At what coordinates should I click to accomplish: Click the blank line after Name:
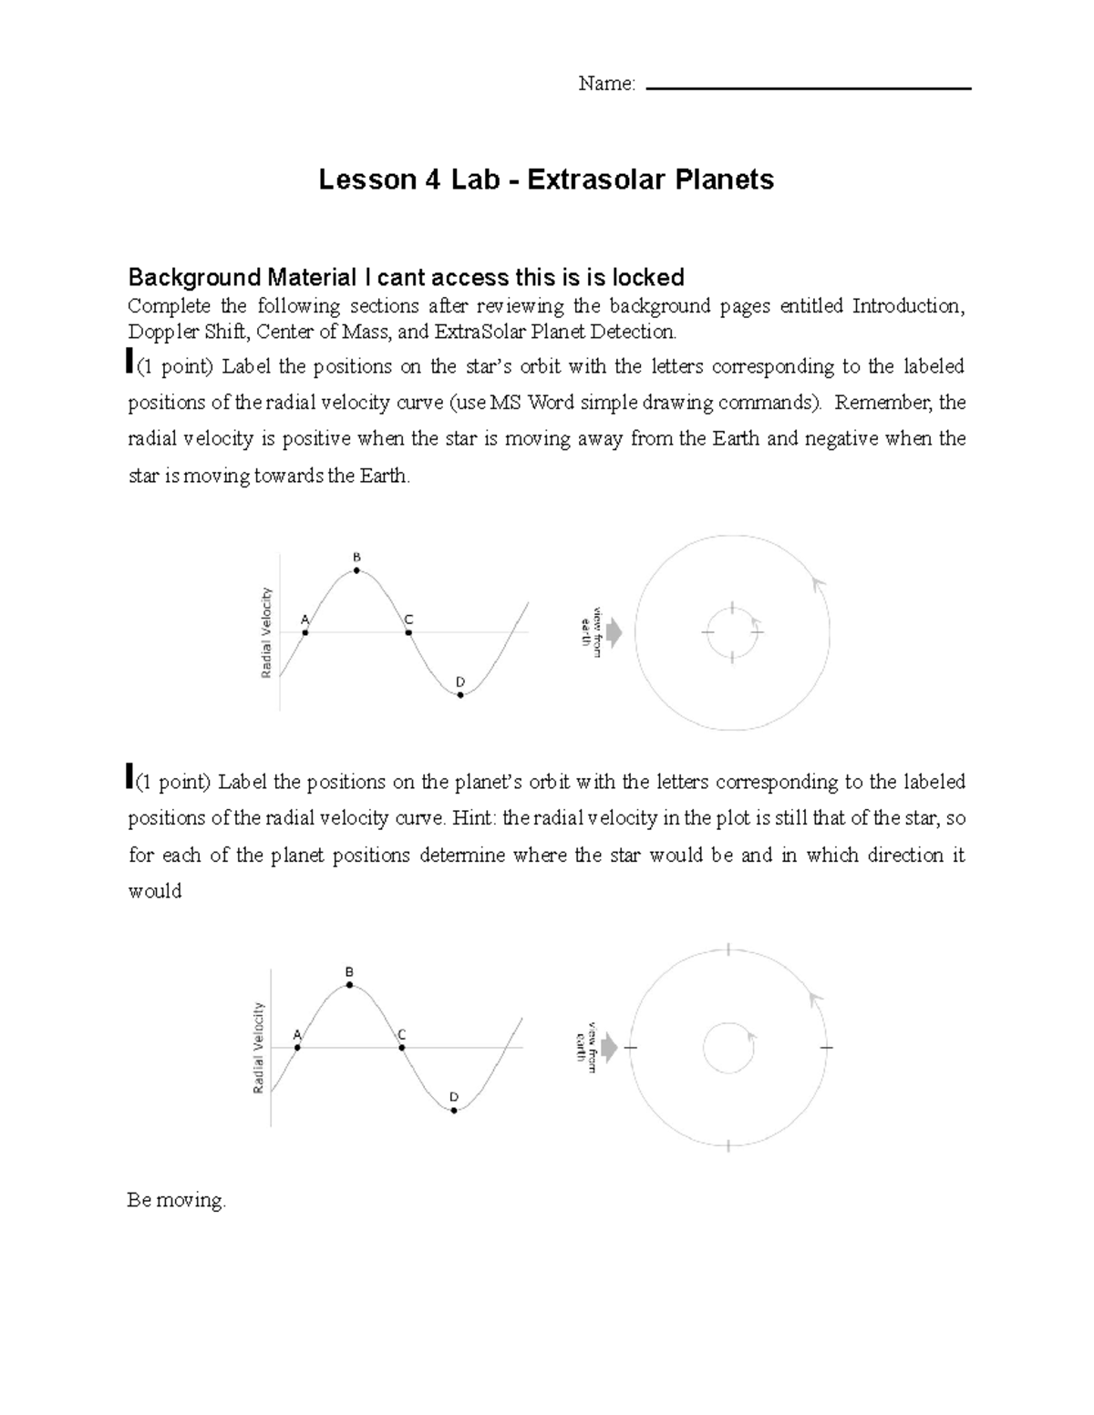click(x=808, y=87)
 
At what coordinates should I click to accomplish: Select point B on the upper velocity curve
click(x=357, y=571)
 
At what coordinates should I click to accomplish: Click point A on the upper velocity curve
click(x=305, y=632)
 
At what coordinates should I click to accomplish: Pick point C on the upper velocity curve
click(x=409, y=632)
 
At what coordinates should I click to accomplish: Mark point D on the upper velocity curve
click(x=460, y=695)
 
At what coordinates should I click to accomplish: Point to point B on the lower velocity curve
click(x=350, y=986)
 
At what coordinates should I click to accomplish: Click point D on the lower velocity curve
click(x=454, y=1111)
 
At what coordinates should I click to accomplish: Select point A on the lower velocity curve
click(x=298, y=1048)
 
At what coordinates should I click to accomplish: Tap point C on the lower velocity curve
click(x=402, y=1048)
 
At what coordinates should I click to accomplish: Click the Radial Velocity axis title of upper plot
click(x=266, y=632)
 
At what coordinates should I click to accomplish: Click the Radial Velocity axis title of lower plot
click(x=259, y=1048)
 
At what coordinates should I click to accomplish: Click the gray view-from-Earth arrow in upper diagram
click(x=614, y=632)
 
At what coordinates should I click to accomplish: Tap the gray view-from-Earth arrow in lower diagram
click(x=608, y=1048)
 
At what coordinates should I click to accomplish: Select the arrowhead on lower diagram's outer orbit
click(x=815, y=1000)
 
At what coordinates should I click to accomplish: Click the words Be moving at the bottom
click(x=176, y=1200)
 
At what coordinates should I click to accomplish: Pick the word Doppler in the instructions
click(x=160, y=331)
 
